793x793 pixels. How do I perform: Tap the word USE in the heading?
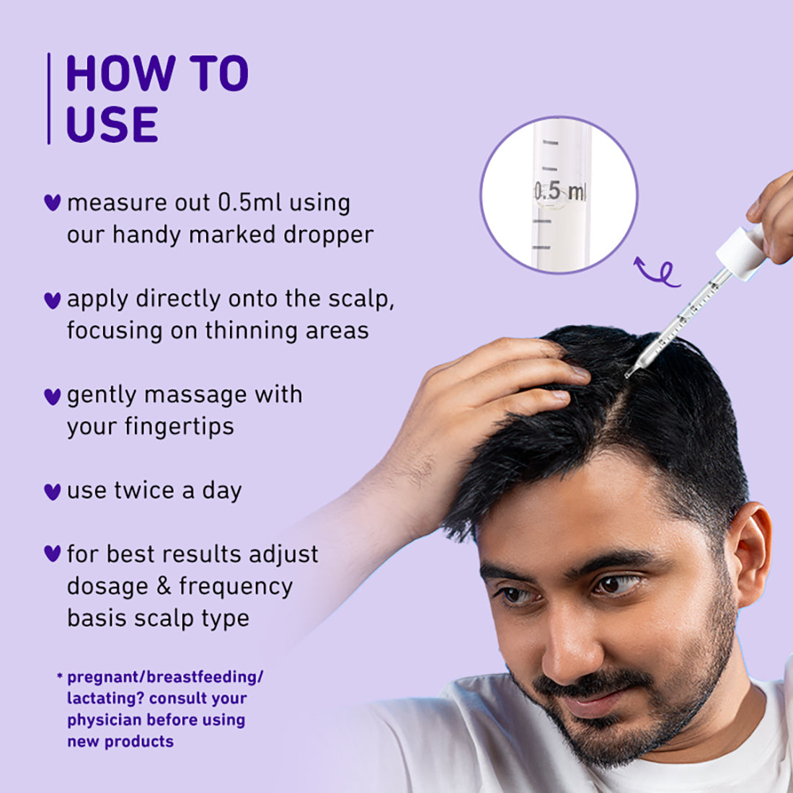(112, 124)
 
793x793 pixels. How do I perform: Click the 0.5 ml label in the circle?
(559, 192)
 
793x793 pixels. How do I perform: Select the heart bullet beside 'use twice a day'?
(52, 492)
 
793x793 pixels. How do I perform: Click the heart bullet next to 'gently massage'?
(52, 396)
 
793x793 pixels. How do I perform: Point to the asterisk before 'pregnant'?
(59, 677)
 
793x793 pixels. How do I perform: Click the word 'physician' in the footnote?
(105, 719)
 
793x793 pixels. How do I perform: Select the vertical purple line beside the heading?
(49, 98)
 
